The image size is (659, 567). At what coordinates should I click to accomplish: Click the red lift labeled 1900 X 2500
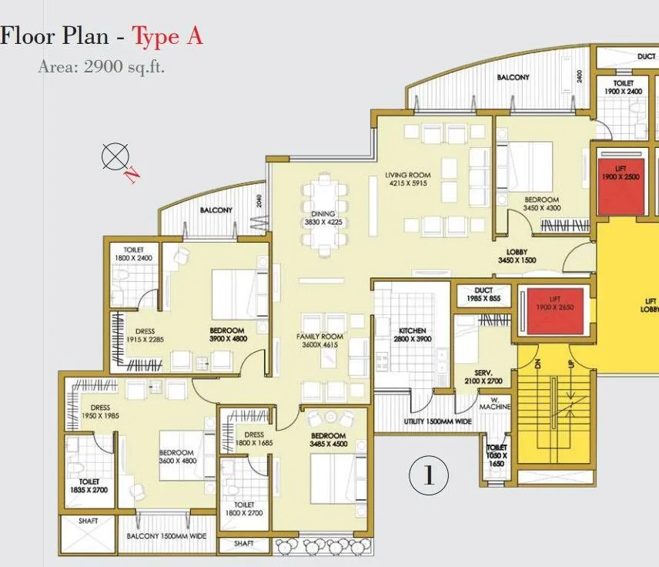pyautogui.click(x=621, y=184)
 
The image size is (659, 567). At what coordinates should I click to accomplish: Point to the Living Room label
pyautogui.click(x=408, y=179)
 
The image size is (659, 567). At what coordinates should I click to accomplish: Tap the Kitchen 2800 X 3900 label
pyautogui.click(x=412, y=334)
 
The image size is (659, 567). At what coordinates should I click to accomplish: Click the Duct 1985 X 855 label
pyautogui.click(x=483, y=294)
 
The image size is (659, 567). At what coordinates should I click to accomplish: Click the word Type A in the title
pyautogui.click(x=167, y=36)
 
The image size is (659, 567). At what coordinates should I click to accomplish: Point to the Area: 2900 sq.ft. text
pyautogui.click(x=102, y=66)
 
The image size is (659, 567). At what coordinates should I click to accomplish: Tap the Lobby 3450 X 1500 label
pyautogui.click(x=516, y=257)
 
